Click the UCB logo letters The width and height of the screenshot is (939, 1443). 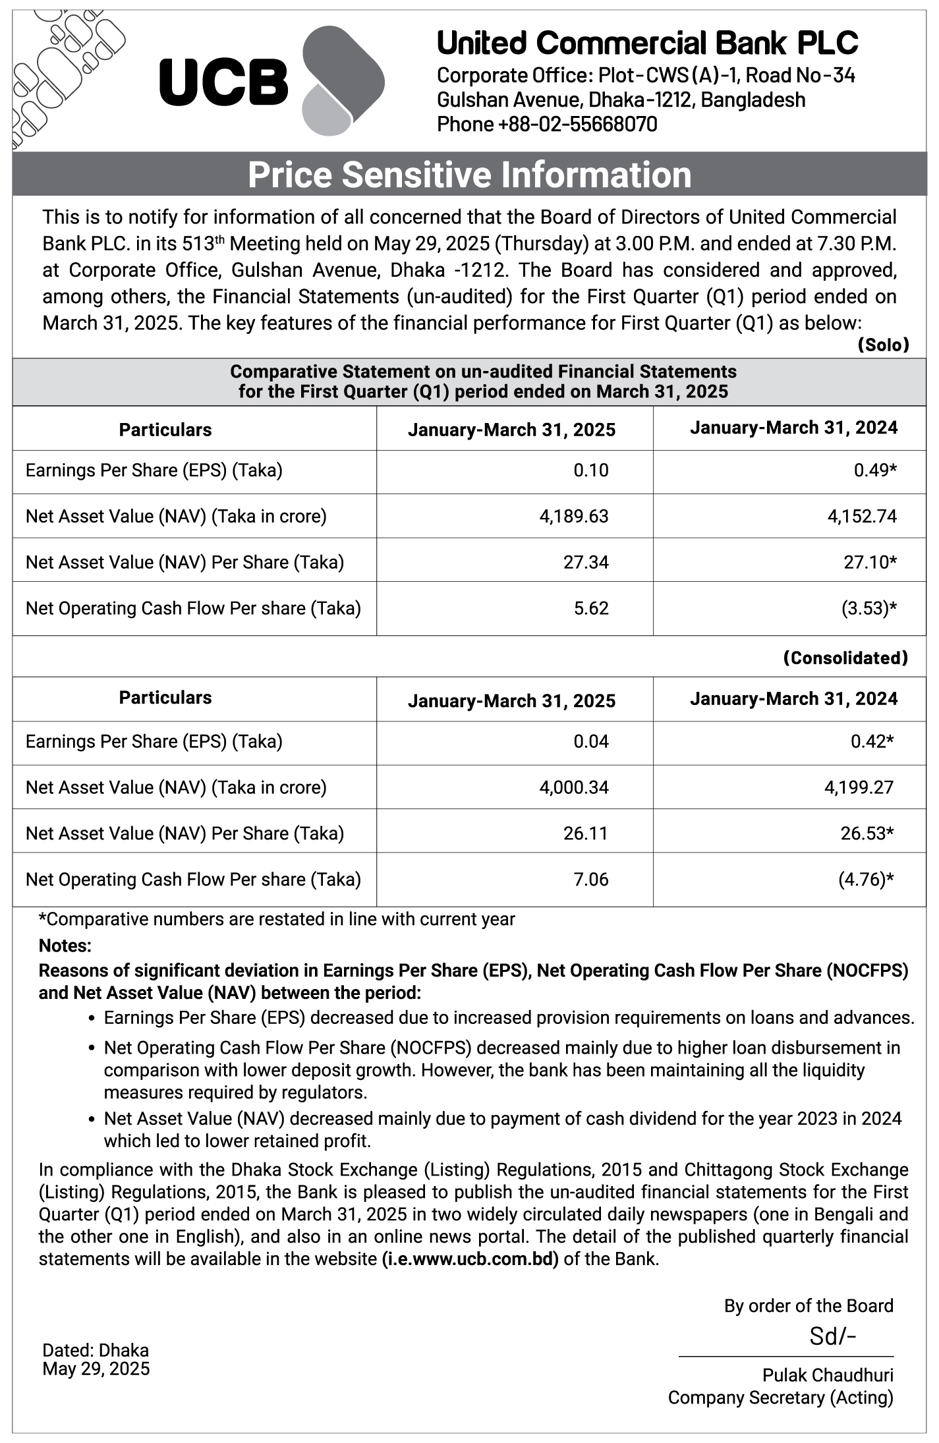[x=224, y=82]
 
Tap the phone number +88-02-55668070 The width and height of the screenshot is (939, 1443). [x=547, y=124]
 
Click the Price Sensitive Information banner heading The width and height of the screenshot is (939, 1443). [x=469, y=175]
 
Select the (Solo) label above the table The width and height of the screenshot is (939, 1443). [x=883, y=345]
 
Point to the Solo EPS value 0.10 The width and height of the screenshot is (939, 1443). [x=591, y=470]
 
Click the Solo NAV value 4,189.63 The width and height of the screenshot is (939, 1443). [x=574, y=516]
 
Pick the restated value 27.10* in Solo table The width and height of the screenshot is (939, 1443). [x=870, y=562]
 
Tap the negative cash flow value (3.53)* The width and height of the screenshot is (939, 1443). [x=868, y=608]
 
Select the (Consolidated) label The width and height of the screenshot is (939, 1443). [x=845, y=658]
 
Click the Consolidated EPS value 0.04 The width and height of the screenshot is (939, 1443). [x=591, y=742]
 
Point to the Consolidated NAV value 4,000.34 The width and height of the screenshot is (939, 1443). [x=574, y=787]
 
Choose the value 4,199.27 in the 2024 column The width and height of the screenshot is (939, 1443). [x=859, y=787]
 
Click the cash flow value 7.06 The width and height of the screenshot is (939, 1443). [x=591, y=880]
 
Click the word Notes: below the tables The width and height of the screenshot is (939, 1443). [x=65, y=946]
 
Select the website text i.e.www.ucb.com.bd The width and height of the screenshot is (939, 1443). [x=470, y=1259]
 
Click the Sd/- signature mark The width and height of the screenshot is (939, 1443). [x=832, y=1336]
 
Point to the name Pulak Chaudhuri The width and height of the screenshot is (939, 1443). [x=828, y=1375]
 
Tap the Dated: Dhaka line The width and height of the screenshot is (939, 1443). [x=96, y=1351]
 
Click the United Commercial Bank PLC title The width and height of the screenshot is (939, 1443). [x=647, y=43]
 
